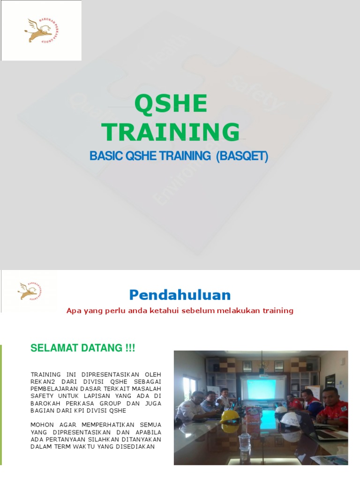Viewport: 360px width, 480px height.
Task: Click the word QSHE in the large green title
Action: (x=171, y=104)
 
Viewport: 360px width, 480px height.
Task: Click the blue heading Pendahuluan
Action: (x=180, y=295)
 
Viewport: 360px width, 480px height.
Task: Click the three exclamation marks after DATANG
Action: (x=130, y=348)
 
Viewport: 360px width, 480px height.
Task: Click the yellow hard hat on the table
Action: (x=230, y=416)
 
